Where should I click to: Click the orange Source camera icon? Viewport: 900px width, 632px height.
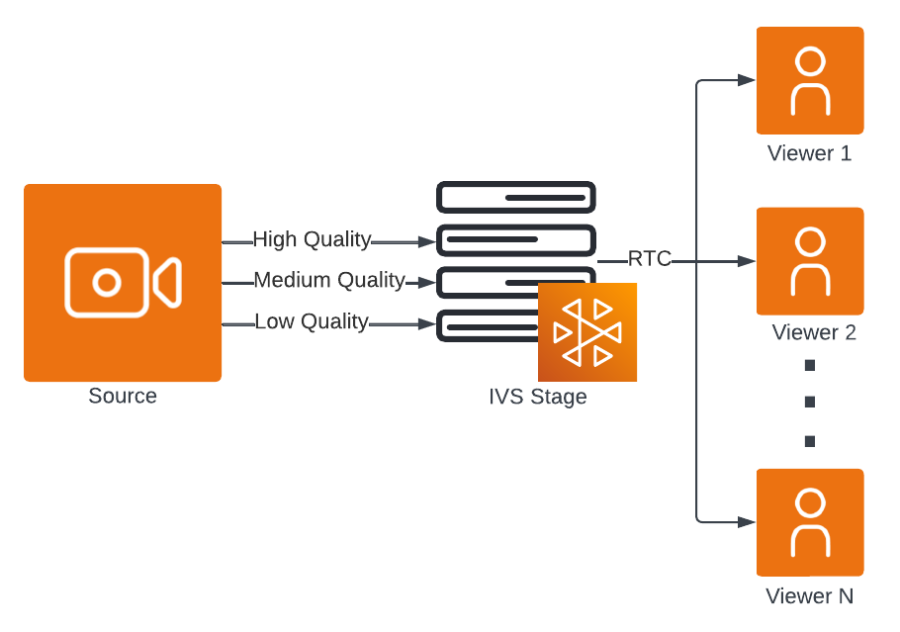click(x=123, y=283)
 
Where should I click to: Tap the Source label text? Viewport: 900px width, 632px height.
click(x=123, y=397)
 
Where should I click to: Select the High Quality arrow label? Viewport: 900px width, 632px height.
click(x=312, y=239)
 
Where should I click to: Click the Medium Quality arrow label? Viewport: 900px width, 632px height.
click(x=329, y=281)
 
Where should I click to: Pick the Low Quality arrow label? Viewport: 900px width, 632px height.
click(x=312, y=321)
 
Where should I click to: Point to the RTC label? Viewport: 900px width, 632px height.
click(x=649, y=260)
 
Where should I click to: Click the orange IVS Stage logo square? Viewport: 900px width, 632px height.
click(x=586, y=332)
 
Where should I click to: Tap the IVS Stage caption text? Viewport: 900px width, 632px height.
click(x=538, y=398)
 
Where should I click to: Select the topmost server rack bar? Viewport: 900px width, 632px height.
click(x=516, y=198)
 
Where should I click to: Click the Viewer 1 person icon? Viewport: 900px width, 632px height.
click(x=810, y=80)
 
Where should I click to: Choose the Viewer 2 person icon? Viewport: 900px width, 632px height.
click(x=810, y=261)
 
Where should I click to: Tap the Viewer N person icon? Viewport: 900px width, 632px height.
click(x=810, y=522)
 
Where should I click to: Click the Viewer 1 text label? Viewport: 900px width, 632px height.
click(x=809, y=154)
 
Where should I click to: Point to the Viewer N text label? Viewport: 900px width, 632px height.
click(x=809, y=596)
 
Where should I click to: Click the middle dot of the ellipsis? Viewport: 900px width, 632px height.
click(x=810, y=403)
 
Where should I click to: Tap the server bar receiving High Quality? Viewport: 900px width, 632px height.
click(x=516, y=240)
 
